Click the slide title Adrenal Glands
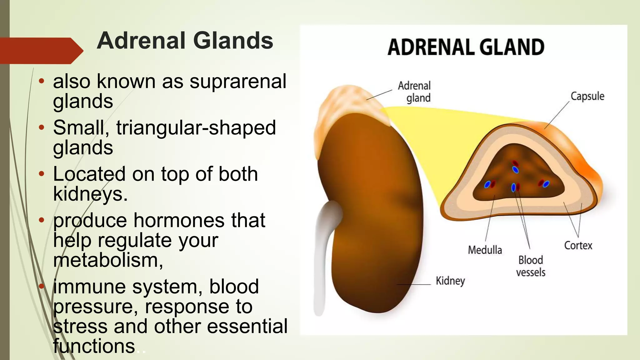[x=185, y=41]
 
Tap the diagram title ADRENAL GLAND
[x=466, y=47]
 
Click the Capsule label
[x=587, y=96]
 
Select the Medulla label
[x=485, y=250]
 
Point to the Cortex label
[x=578, y=246]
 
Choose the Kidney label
[x=450, y=281]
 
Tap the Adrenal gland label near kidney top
[x=414, y=92]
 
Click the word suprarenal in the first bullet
[x=238, y=81]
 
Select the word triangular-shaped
[x=196, y=128]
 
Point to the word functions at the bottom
[x=94, y=346]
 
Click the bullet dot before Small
[x=42, y=128]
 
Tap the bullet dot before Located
[x=42, y=174]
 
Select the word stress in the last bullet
[x=80, y=326]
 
